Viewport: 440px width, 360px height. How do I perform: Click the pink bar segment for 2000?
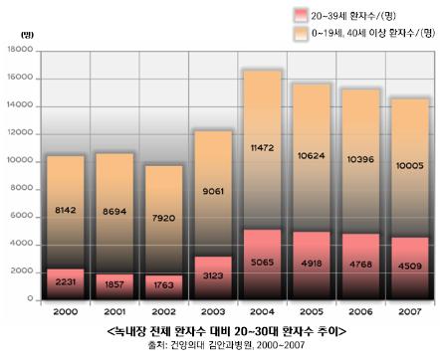66,284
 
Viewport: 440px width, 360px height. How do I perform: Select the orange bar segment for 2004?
262,150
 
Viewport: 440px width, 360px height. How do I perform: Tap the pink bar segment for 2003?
213,278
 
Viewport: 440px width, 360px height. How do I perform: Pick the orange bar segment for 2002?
164,221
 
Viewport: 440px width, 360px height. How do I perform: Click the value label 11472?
262,148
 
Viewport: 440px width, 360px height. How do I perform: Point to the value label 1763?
163,285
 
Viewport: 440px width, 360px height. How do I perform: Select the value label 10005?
410,165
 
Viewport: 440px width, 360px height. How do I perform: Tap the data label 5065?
262,263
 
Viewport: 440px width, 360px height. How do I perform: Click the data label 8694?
114,211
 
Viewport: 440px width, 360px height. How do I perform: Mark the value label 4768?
360,265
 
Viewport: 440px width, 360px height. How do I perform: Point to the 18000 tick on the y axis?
20,50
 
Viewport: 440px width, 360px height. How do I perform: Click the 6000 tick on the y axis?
22,216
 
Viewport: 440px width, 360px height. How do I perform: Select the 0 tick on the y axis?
30,298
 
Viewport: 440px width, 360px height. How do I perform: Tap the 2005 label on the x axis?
312,311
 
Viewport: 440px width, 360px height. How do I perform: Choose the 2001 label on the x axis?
114,311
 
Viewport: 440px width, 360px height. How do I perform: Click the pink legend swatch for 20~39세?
301,15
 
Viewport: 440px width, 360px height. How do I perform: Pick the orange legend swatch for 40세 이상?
301,34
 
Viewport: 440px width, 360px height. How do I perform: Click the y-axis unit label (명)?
27,35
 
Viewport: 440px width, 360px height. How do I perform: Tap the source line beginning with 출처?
226,345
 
